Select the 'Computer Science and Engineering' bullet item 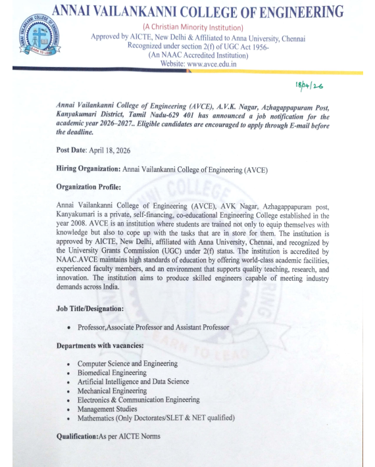click(x=127, y=364)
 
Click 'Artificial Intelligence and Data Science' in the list click(x=133, y=381)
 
